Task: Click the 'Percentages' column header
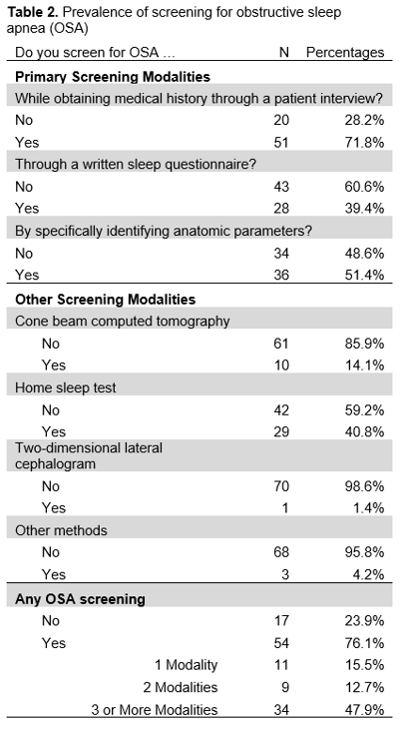[x=345, y=52]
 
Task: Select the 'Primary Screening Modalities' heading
[x=113, y=77]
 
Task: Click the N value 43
[x=281, y=187]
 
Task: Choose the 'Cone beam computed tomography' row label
[x=122, y=322]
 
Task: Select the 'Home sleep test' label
[x=65, y=387]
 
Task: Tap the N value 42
[x=281, y=410]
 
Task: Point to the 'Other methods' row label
[x=61, y=530]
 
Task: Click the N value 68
[x=281, y=552]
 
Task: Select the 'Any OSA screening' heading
[x=80, y=599]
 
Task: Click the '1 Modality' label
[x=187, y=665]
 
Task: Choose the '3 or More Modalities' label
[x=155, y=710]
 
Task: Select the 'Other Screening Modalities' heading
[x=106, y=300]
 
